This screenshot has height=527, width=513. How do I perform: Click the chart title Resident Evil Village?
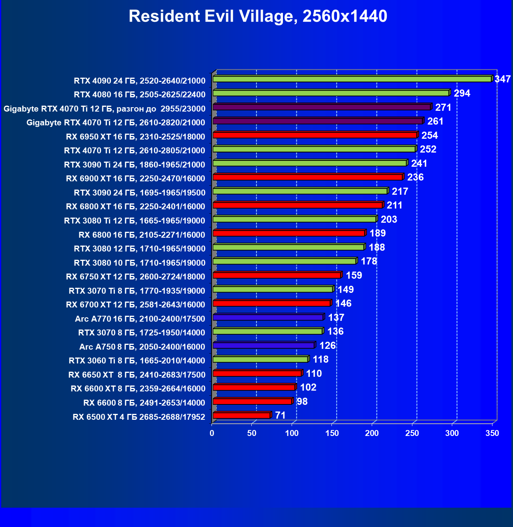click(x=258, y=17)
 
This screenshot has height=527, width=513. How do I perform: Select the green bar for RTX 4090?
click(x=352, y=79)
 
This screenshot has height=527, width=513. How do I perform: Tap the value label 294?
click(x=462, y=93)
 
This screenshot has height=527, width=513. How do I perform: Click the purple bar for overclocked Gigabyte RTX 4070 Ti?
click(x=322, y=107)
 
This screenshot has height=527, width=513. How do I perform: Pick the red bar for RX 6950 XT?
click(x=315, y=135)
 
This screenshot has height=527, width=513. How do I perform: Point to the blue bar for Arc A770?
click(x=268, y=317)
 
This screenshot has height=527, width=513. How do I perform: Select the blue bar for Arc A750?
click(x=264, y=345)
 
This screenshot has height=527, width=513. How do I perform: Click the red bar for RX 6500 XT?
click(x=242, y=415)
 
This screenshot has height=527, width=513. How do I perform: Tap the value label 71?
click(x=280, y=415)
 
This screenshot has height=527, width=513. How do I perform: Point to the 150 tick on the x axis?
click(x=332, y=433)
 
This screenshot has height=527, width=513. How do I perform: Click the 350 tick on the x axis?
click(x=492, y=433)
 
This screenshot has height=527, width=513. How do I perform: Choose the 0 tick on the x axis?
click(x=212, y=433)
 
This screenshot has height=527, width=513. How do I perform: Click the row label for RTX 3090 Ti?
click(x=135, y=164)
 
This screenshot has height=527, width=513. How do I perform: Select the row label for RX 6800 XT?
click(x=135, y=207)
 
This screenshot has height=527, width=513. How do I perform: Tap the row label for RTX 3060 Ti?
click(x=137, y=361)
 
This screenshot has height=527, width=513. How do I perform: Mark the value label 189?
click(x=378, y=233)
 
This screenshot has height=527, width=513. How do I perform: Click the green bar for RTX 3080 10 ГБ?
click(x=285, y=261)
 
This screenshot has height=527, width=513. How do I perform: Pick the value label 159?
click(x=354, y=276)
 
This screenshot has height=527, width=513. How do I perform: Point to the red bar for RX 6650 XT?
click(x=257, y=373)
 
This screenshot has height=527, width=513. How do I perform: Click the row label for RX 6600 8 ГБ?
click(x=144, y=403)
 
